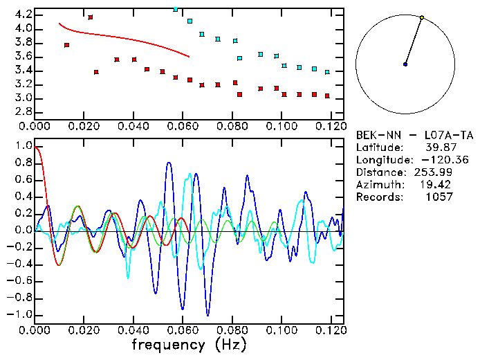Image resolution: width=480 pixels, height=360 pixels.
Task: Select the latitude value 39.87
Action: coord(439,147)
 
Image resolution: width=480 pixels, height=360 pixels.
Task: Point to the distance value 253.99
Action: coord(434,172)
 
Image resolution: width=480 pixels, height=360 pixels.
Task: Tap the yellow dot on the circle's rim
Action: coord(422,17)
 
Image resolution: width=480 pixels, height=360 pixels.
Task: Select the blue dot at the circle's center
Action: coord(405,64)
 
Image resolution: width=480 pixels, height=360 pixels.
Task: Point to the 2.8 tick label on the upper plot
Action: coord(22,111)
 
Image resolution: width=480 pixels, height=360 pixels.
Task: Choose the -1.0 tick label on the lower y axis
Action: coord(19,314)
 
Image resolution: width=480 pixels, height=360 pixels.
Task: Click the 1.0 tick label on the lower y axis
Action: coord(22,147)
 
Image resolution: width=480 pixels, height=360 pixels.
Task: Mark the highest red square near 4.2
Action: coord(90,17)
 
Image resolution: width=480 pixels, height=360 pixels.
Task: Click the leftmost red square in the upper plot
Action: coord(66,45)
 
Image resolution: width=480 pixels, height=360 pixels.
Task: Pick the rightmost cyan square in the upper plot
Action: coord(327,72)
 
